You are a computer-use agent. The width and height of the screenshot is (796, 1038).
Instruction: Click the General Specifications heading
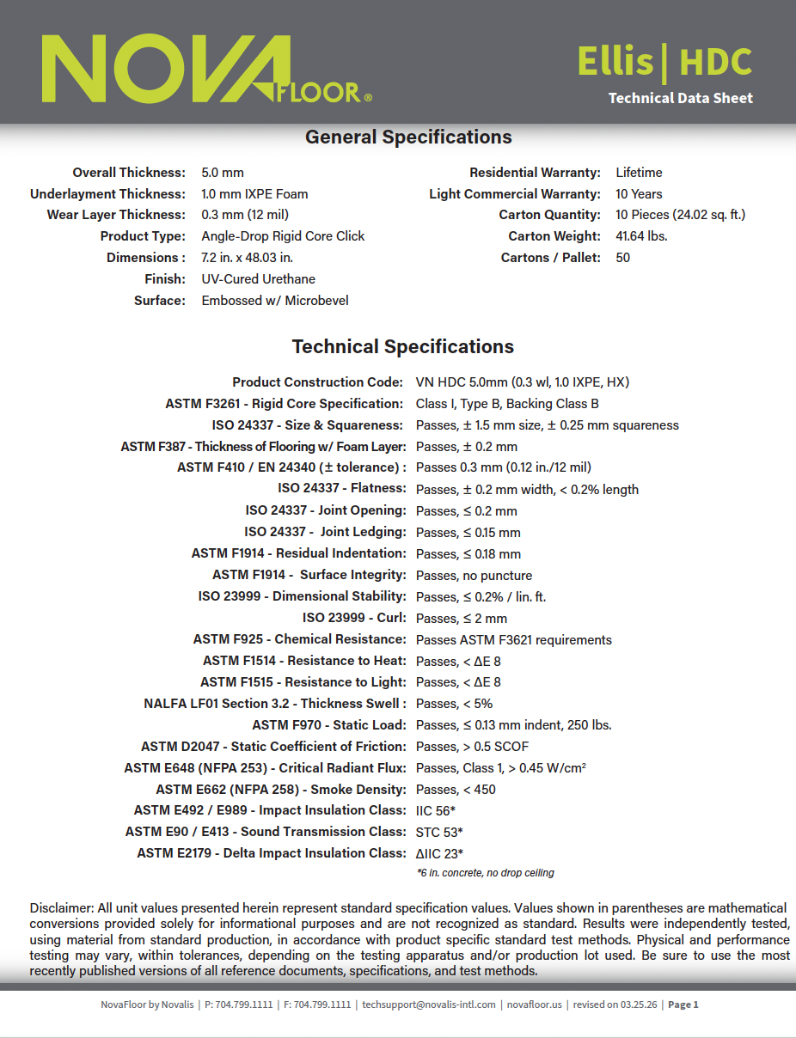(408, 137)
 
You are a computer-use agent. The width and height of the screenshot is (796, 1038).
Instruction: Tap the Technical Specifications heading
(402, 347)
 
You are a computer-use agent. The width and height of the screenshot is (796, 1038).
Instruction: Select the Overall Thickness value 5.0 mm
(223, 173)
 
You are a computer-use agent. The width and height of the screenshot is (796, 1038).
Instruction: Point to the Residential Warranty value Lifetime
(639, 173)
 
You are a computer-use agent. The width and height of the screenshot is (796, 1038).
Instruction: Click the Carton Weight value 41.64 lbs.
(641, 236)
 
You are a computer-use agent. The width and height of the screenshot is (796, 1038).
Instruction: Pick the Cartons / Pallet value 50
(622, 258)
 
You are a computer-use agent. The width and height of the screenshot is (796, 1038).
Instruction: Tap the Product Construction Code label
(317, 382)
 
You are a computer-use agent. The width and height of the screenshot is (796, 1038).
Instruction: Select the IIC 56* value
(436, 810)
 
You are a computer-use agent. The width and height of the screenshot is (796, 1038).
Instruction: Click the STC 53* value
(439, 832)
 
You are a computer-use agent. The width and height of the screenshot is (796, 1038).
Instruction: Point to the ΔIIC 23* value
(439, 853)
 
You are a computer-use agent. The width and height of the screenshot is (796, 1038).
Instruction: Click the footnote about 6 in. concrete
(485, 873)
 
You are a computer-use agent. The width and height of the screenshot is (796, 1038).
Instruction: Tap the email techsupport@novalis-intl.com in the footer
(429, 1004)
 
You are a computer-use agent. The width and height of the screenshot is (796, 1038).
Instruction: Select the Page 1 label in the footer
(683, 1004)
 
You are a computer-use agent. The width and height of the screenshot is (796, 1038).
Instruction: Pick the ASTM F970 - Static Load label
(328, 725)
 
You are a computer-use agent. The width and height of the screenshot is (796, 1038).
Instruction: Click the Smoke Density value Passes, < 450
(456, 790)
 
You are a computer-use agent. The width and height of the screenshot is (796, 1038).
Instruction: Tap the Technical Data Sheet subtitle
(680, 98)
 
